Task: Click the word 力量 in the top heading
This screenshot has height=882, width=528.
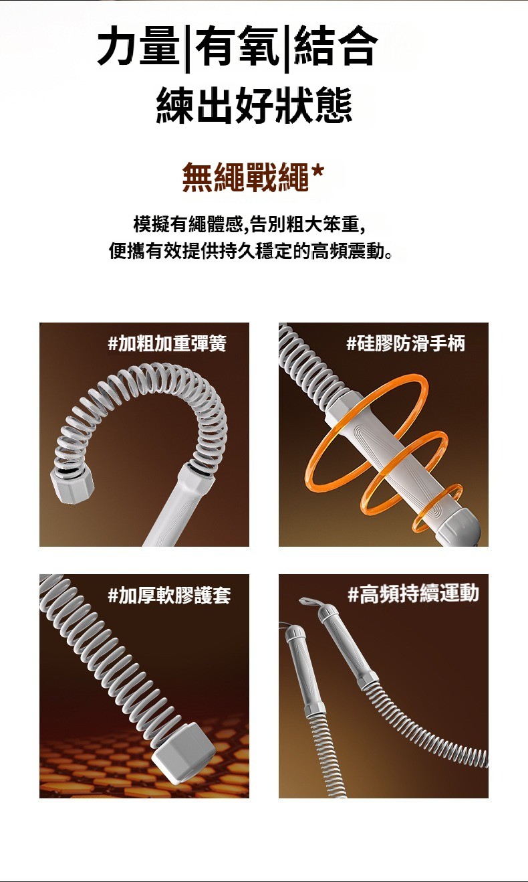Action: click(x=140, y=46)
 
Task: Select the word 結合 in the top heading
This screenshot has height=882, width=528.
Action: click(x=335, y=46)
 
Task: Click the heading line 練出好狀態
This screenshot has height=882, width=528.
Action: click(x=255, y=106)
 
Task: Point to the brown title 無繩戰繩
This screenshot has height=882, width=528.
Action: click(x=246, y=178)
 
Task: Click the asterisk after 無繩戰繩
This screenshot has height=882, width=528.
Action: click(x=318, y=172)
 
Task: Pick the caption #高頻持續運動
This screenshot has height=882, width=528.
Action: click(x=414, y=594)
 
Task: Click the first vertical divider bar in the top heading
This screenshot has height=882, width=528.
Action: click(x=188, y=49)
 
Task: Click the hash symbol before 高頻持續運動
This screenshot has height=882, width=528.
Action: click(x=353, y=594)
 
